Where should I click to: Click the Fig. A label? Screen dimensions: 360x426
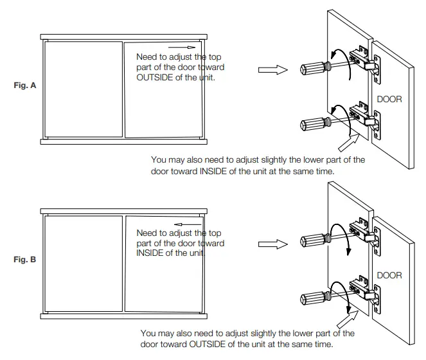pyautogui.click(x=24, y=85)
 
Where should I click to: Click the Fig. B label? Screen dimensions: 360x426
pyautogui.click(x=24, y=260)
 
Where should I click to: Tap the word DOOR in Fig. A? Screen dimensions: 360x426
pyautogui.click(x=389, y=100)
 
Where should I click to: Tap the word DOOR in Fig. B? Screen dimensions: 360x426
pyautogui.click(x=389, y=275)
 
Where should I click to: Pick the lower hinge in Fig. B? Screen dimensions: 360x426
pyautogui.click(x=361, y=289)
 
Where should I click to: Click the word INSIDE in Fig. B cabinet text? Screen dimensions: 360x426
pyautogui.click(x=152, y=253)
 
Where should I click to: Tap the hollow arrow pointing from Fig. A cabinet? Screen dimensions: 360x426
pyautogui.click(x=276, y=70)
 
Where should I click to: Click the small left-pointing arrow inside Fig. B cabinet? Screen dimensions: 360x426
pyautogui.click(x=182, y=223)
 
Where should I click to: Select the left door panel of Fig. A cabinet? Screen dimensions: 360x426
pyautogui.click(x=83, y=89)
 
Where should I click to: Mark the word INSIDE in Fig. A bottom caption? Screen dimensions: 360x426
pyautogui.click(x=222, y=172)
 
